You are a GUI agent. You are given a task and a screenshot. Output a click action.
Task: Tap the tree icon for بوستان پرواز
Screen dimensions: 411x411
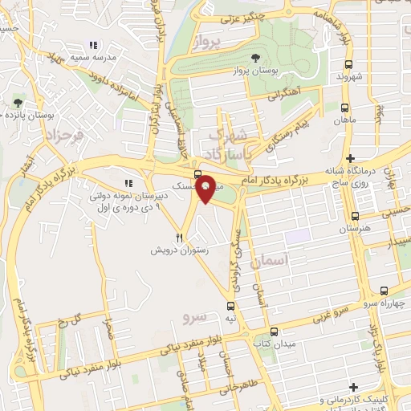[x=255, y=57]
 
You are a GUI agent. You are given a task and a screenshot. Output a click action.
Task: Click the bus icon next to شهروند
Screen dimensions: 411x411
[x=348, y=65]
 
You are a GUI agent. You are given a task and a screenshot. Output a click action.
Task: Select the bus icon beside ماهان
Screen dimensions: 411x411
[x=344, y=107]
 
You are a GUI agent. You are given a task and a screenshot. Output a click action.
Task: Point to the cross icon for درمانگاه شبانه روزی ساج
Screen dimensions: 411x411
[x=350, y=158]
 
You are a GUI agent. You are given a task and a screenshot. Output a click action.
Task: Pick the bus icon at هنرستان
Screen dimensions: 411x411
[x=355, y=216]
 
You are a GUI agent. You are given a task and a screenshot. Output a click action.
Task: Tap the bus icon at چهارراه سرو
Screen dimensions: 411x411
[x=385, y=291]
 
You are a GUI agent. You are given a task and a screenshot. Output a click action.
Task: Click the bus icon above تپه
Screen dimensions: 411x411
[x=231, y=306]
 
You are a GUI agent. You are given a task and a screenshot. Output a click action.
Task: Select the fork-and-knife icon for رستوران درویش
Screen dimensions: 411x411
[x=181, y=238]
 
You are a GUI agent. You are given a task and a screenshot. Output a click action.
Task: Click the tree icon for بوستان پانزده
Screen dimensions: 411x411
[x=18, y=102]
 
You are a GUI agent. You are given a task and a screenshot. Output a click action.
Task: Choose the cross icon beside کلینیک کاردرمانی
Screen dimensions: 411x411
[x=375, y=388]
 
